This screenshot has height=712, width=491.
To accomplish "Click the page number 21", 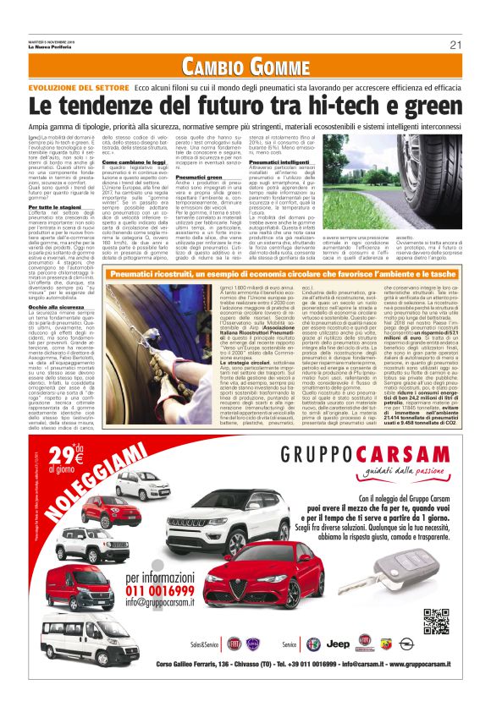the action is tap(455, 45).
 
